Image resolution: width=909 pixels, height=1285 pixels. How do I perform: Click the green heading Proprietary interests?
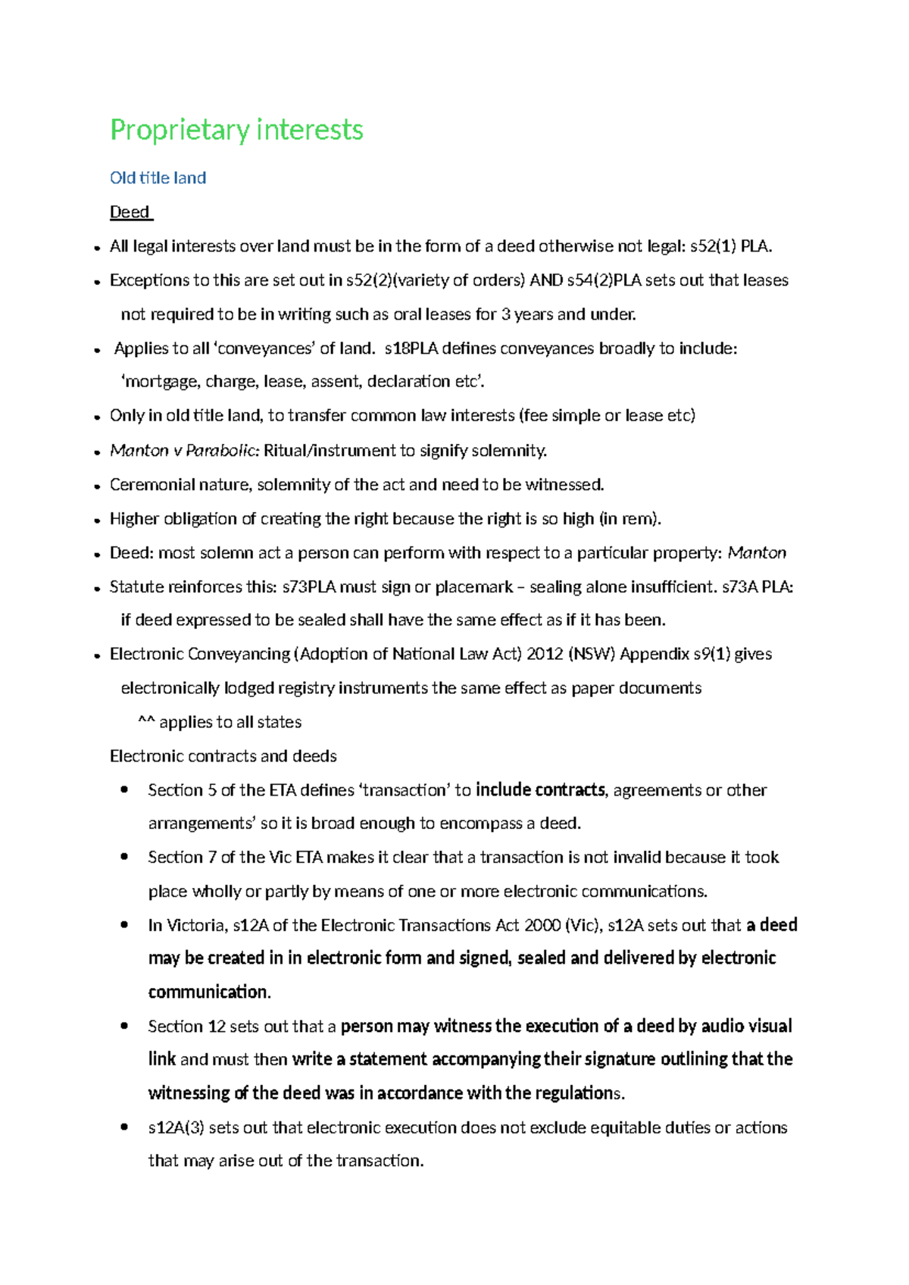click(x=236, y=130)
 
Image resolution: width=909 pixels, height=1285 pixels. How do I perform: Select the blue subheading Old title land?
click(x=158, y=178)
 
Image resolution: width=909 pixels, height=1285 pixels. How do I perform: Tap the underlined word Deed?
click(x=130, y=212)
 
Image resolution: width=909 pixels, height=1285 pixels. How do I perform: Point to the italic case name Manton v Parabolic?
click(x=184, y=451)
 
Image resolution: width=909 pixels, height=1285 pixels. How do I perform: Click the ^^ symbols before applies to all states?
click(x=146, y=723)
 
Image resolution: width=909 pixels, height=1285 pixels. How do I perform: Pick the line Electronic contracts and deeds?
click(x=223, y=756)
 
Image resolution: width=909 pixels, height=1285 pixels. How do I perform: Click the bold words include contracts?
click(x=540, y=790)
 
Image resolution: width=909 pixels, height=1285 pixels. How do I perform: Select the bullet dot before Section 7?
click(x=124, y=857)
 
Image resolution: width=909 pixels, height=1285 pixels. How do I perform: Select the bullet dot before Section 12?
click(x=124, y=1026)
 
